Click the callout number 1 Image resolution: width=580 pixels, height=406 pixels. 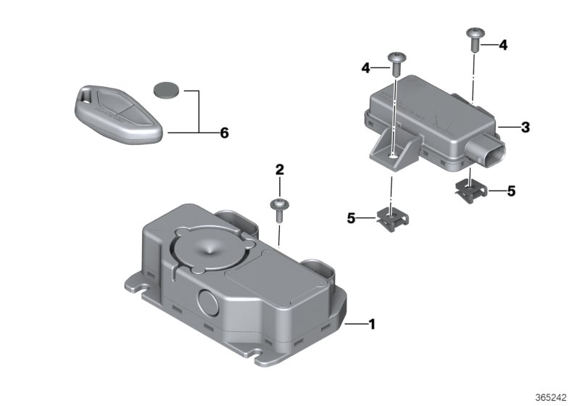(373, 325)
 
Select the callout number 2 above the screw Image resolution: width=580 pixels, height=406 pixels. (279, 170)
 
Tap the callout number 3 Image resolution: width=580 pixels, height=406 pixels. (525, 128)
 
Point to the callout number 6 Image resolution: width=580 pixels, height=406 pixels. (224, 133)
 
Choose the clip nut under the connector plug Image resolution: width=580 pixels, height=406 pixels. (472, 191)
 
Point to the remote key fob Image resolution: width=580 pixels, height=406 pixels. (119, 112)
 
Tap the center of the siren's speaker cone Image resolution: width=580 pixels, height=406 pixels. (209, 249)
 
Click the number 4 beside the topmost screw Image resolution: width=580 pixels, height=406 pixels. (502, 45)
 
